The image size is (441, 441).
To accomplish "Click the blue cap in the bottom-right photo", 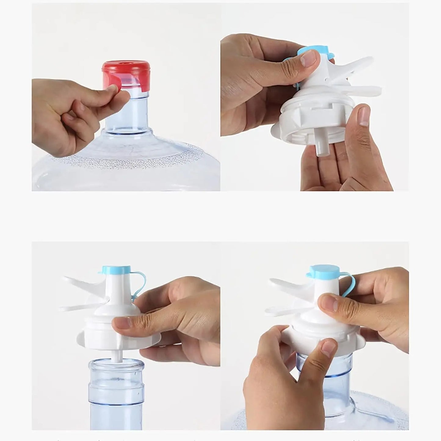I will click(324, 271).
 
